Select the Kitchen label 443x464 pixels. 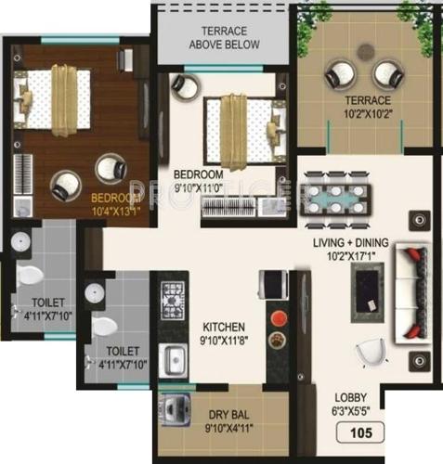224,327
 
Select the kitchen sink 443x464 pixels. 174,357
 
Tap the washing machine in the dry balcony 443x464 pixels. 175,409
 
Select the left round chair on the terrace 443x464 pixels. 337,75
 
